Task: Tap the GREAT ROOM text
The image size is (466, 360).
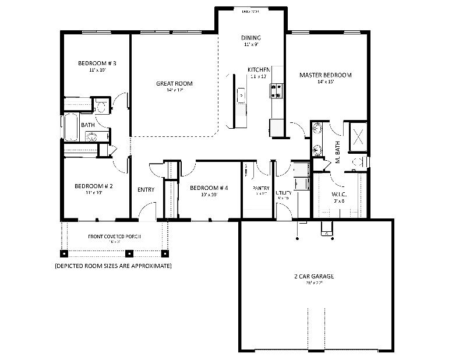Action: pyautogui.click(x=174, y=83)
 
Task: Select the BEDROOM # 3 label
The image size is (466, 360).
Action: pyautogui.click(x=97, y=63)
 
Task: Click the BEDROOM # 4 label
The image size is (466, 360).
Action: pyautogui.click(x=209, y=188)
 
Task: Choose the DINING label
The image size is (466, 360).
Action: pyautogui.click(x=251, y=38)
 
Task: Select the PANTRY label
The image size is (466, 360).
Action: pyautogui.click(x=260, y=188)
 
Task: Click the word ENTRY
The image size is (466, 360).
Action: pyautogui.click(x=146, y=190)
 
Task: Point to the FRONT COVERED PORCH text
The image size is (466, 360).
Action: pyautogui.click(x=114, y=237)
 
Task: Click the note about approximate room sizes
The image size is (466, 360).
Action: pyautogui.click(x=113, y=266)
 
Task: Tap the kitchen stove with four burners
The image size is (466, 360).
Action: pyautogui.click(x=276, y=90)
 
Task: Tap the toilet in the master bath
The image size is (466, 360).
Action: pyautogui.click(x=359, y=161)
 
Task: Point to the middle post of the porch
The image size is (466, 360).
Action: pyautogui.click(x=129, y=253)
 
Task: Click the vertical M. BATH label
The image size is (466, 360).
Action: pyautogui.click(x=338, y=153)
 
